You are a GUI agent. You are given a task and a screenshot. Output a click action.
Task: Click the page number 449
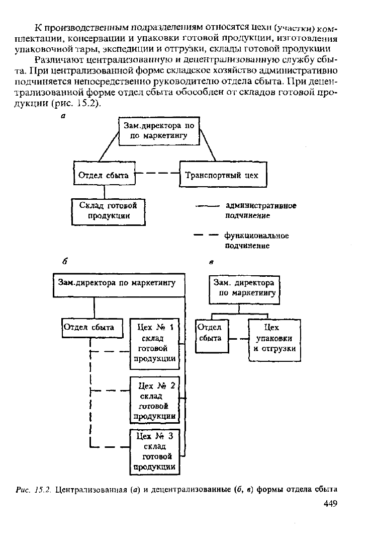[330, 504]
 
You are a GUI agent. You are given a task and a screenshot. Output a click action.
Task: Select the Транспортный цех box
[223, 175]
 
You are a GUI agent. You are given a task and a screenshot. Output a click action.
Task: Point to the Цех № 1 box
[154, 344]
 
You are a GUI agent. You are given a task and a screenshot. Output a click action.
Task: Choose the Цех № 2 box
[154, 400]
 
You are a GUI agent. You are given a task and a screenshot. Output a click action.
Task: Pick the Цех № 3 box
[155, 452]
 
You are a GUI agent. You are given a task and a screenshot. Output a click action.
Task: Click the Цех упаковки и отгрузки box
[274, 340]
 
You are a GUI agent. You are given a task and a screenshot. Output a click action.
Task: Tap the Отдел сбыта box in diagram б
[92, 328]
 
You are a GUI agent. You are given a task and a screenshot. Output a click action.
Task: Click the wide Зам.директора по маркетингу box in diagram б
[119, 285]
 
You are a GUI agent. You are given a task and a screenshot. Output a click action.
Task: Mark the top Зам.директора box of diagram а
[159, 131]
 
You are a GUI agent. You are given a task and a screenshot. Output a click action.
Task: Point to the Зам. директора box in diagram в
[244, 290]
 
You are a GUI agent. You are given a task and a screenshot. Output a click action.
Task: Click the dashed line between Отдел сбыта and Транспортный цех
[157, 173]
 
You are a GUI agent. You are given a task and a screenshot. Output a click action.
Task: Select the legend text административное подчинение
[261, 210]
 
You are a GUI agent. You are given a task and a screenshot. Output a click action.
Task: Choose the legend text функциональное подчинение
[257, 241]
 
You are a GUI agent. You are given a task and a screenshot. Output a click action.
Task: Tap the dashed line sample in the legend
[206, 236]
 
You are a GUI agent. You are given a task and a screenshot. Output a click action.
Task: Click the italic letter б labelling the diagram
[65, 261]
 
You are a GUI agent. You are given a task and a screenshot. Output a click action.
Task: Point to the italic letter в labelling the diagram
[211, 262]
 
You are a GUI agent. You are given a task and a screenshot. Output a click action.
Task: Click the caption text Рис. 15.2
[34, 490]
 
